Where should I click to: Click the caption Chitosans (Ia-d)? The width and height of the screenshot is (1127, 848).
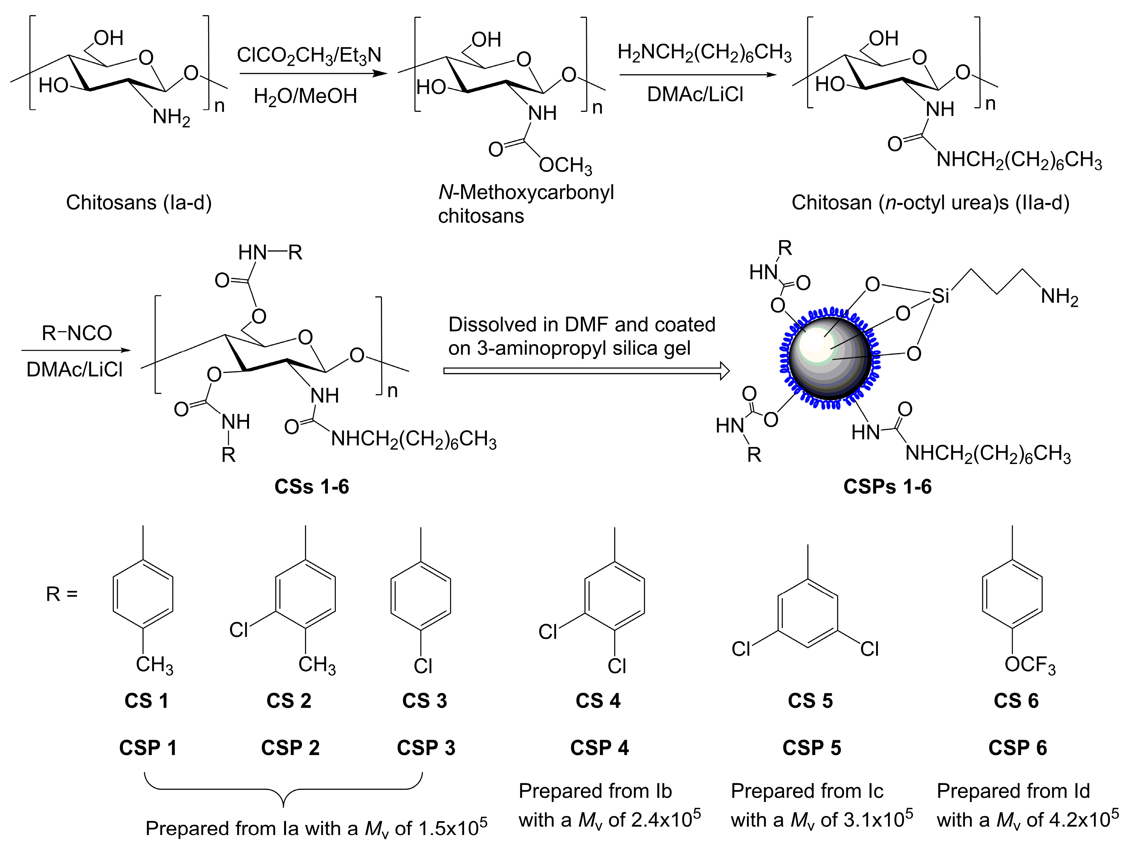[139, 203]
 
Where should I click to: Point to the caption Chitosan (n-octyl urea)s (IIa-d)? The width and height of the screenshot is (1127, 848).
[930, 203]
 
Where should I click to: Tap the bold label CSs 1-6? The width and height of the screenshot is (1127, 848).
[311, 487]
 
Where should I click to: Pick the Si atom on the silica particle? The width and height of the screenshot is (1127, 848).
[940, 296]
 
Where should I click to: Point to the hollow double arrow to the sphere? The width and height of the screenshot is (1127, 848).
[586, 370]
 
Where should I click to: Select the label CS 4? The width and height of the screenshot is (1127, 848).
[598, 701]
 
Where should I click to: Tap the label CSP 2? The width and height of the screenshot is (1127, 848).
[290, 748]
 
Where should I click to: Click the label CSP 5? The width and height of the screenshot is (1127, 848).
[812, 748]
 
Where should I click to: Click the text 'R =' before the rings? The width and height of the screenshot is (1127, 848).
[62, 594]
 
